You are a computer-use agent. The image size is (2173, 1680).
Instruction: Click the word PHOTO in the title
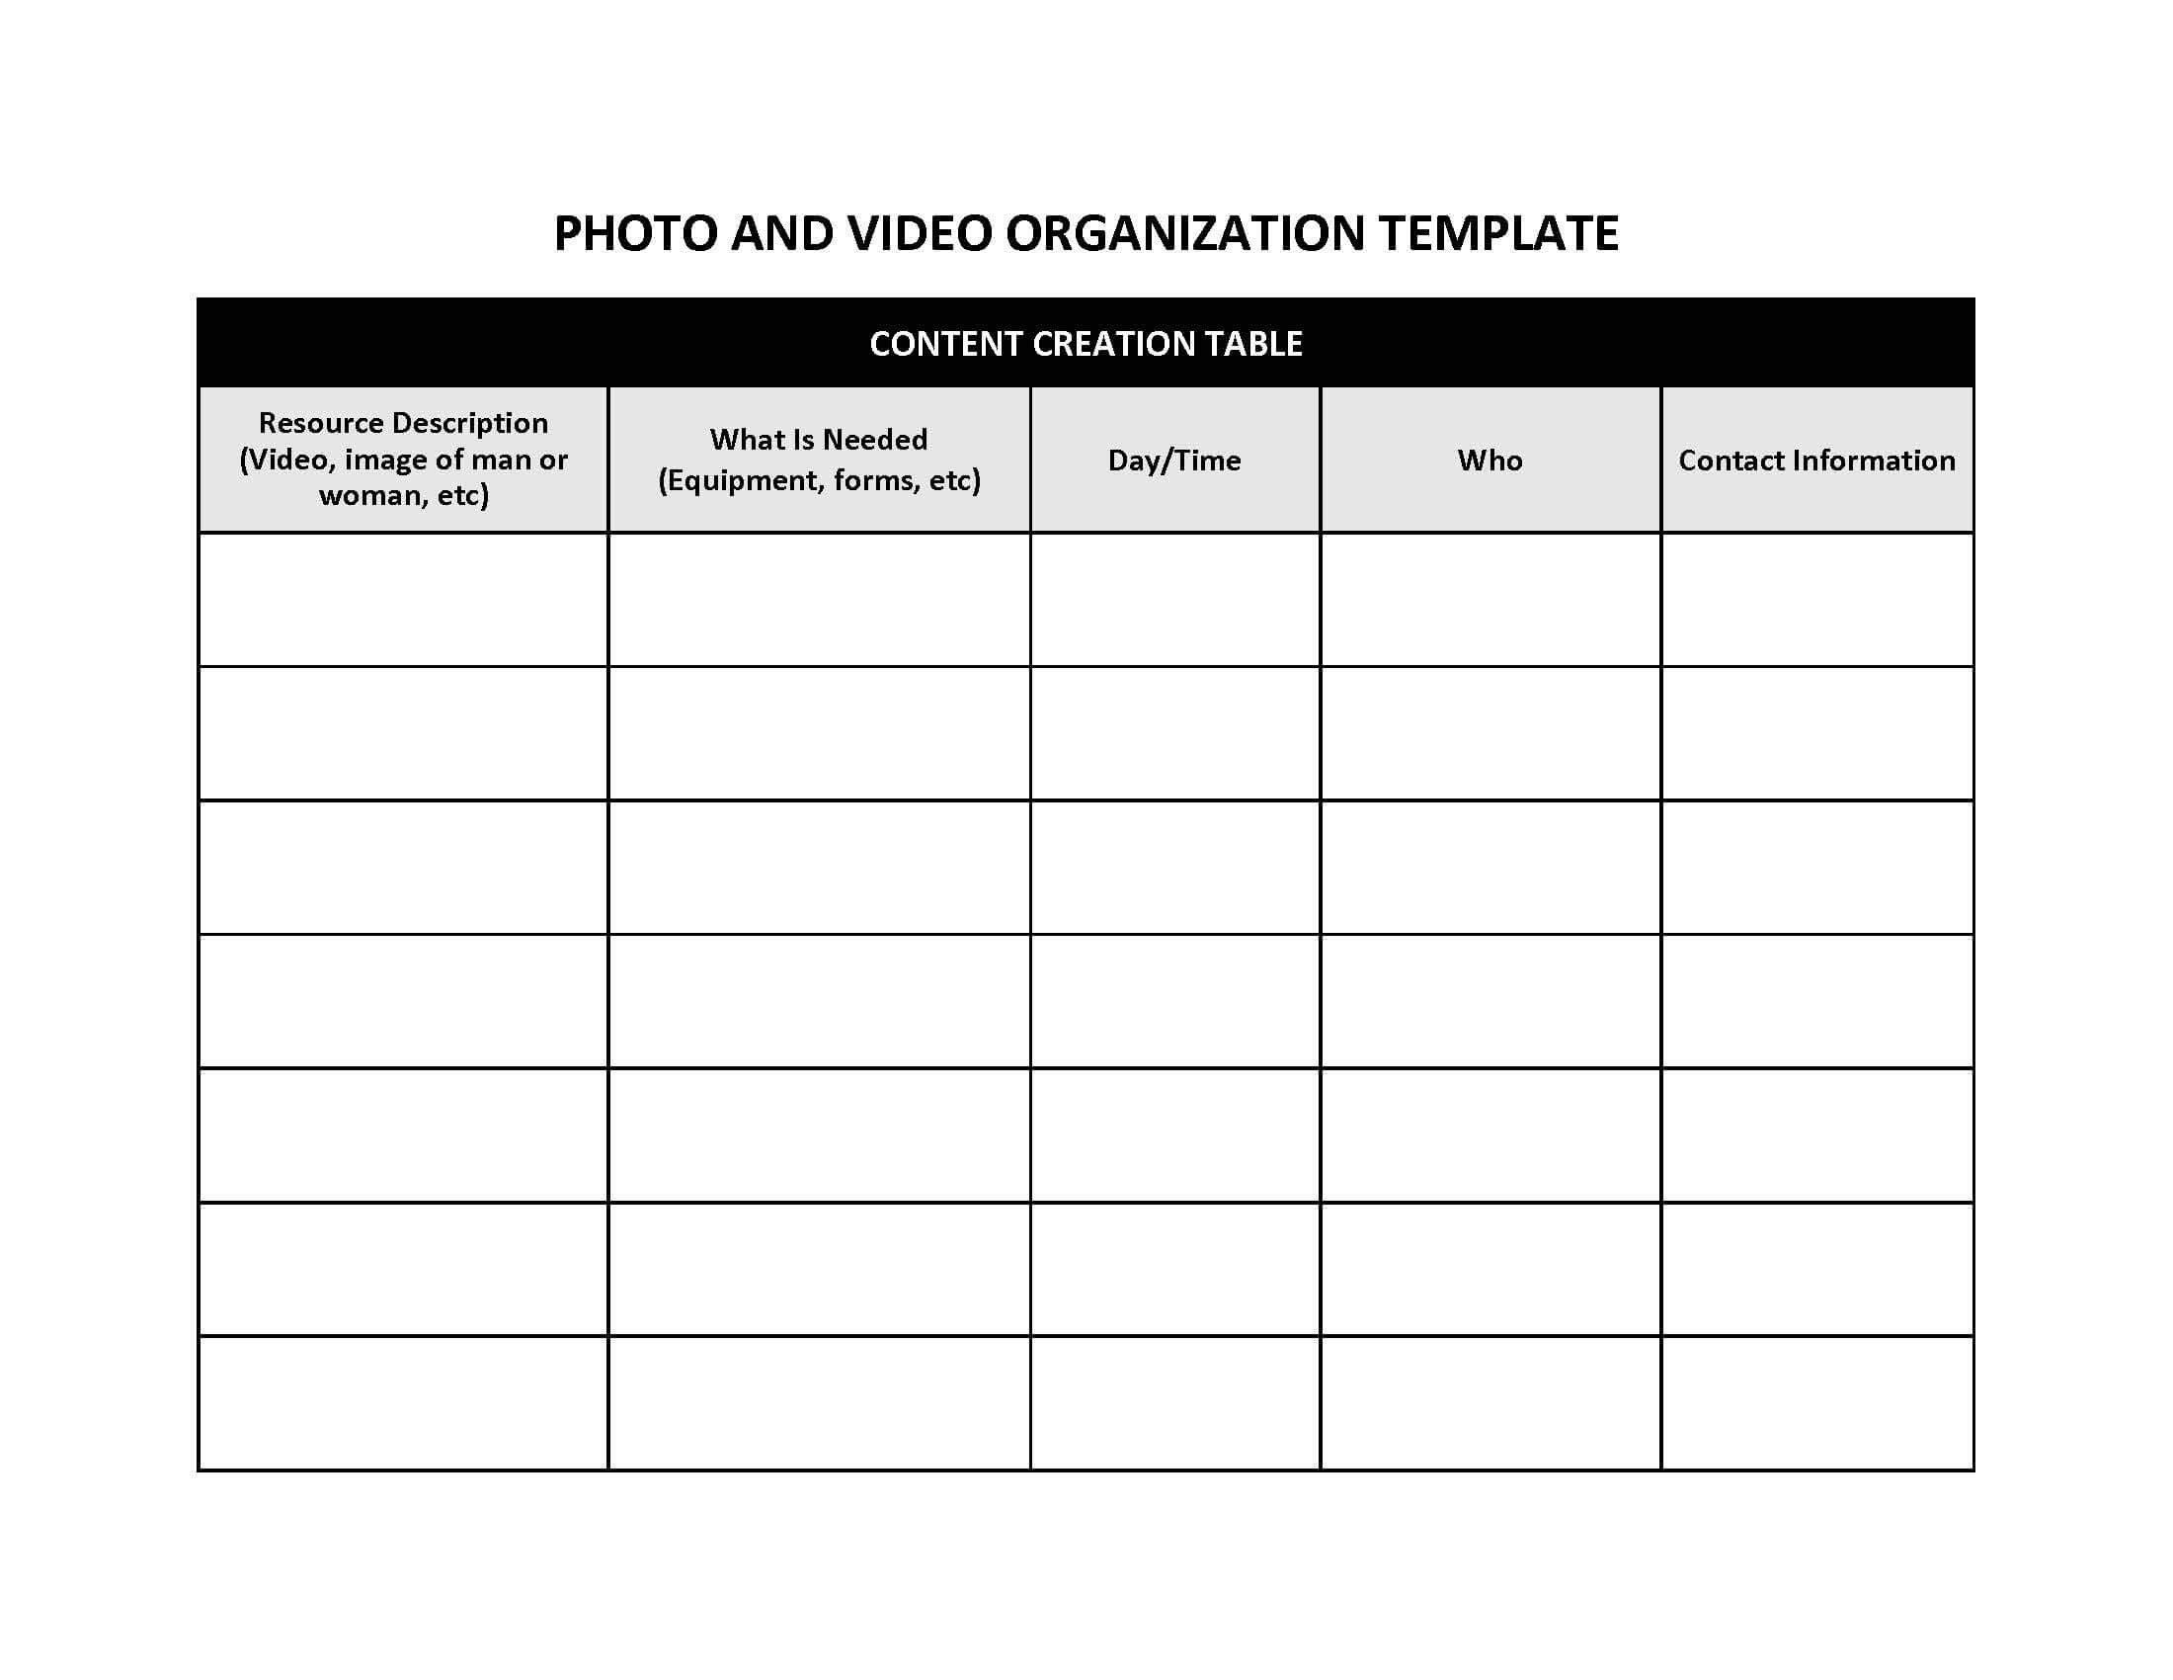[635, 234]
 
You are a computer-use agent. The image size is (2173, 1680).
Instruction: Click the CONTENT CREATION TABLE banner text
[1086, 343]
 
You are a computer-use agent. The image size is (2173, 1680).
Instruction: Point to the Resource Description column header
[403, 423]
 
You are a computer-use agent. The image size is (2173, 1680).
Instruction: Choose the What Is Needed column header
[818, 440]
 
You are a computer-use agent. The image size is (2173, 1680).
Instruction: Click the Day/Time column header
[1174, 460]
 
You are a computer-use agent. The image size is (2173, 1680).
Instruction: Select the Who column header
[1489, 460]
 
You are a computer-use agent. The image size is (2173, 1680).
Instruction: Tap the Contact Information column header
[1815, 460]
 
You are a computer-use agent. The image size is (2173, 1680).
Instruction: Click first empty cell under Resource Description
[403, 599]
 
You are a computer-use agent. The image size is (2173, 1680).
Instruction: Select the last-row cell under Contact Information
[1815, 1402]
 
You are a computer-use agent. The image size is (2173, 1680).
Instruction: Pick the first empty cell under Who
[1489, 599]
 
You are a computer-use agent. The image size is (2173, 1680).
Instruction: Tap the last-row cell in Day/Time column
[1174, 1402]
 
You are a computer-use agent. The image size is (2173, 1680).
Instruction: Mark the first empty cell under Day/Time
[1174, 599]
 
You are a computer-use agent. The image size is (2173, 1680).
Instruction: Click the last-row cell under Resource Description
[403, 1402]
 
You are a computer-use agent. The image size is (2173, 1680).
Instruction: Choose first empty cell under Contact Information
[1815, 599]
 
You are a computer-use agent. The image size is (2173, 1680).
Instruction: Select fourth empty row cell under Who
[1489, 1001]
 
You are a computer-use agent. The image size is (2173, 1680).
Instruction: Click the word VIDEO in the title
[920, 234]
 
